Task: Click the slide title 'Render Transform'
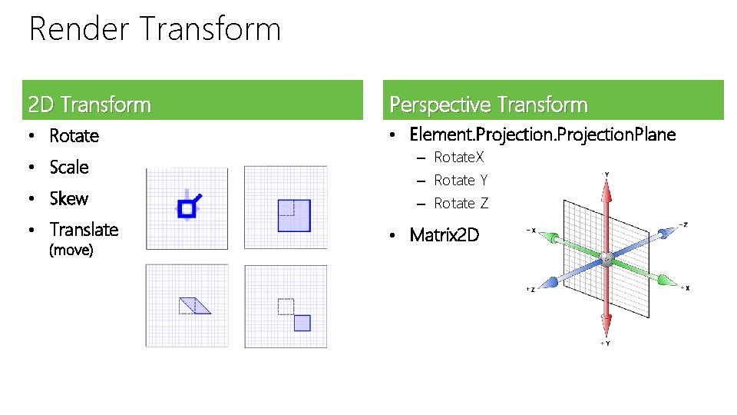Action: (155, 30)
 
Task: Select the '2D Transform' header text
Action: (89, 104)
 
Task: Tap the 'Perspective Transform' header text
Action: (488, 104)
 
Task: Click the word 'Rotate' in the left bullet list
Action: (74, 136)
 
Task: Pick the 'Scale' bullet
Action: (69, 168)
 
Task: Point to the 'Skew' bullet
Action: (69, 199)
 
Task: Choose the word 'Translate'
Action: (84, 230)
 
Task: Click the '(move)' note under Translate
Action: (71, 251)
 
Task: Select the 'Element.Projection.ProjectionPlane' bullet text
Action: (543, 135)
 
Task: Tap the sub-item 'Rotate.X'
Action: (459, 158)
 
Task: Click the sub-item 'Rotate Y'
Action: (461, 181)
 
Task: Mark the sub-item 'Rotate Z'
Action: (461, 204)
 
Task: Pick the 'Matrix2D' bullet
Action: (445, 234)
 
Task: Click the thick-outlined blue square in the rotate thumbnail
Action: (186, 208)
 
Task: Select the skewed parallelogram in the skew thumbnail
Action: (194, 305)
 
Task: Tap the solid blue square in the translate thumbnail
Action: (302, 323)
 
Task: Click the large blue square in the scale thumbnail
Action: (294, 215)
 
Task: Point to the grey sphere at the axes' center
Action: (606, 259)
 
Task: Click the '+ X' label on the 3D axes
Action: (684, 288)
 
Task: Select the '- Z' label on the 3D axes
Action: (682, 224)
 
